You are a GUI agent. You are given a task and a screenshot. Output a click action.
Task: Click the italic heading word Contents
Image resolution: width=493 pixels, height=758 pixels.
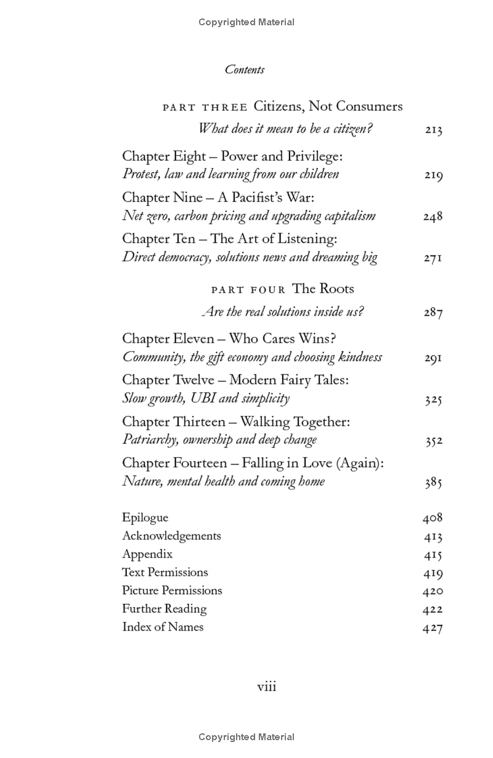click(x=245, y=70)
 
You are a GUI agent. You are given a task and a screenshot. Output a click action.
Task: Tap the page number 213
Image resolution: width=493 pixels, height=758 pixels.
click(x=433, y=130)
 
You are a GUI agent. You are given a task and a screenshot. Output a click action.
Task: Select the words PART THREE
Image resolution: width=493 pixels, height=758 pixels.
click(x=205, y=107)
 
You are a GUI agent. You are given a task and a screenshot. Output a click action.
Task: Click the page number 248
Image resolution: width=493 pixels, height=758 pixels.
click(x=433, y=217)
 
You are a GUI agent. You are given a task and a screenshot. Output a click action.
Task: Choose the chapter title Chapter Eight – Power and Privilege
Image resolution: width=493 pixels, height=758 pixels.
click(x=232, y=157)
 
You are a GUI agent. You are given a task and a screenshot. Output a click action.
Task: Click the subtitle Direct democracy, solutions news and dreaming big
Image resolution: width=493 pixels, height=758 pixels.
click(x=250, y=258)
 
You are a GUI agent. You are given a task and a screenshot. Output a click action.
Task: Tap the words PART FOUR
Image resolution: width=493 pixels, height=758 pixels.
click(x=248, y=290)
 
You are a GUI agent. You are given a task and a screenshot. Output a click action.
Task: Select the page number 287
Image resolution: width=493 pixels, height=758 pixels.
click(x=433, y=312)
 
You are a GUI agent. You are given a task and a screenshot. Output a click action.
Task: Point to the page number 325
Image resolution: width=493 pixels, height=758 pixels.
click(x=433, y=400)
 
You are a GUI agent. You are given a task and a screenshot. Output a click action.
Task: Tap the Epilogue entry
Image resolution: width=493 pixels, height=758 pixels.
click(x=145, y=518)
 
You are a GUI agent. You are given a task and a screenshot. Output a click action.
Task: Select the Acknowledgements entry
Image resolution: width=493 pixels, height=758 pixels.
click(x=171, y=536)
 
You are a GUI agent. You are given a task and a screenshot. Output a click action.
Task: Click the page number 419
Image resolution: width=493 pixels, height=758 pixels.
click(x=433, y=574)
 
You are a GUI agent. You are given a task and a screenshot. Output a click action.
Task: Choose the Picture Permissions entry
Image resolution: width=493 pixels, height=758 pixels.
click(x=172, y=590)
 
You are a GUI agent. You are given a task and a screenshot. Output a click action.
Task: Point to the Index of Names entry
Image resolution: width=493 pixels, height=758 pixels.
click(x=163, y=627)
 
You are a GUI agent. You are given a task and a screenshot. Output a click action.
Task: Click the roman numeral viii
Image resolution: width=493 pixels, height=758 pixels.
click(x=266, y=687)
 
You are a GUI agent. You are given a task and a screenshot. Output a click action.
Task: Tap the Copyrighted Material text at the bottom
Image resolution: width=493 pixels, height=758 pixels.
click(x=246, y=737)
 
